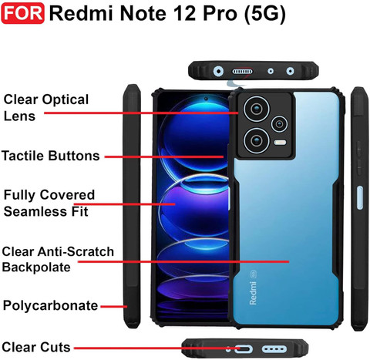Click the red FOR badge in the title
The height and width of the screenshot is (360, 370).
pyautogui.click(x=22, y=13)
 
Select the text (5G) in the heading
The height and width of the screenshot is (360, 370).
pyautogui.click(x=264, y=14)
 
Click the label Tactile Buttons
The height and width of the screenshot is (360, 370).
pyautogui.click(x=51, y=156)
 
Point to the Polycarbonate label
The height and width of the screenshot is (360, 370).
pyautogui.click(x=50, y=306)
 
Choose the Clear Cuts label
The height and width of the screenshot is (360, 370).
pyautogui.click(x=36, y=347)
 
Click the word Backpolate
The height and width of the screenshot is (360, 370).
pyautogui.click(x=36, y=267)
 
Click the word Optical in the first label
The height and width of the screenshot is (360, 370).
pyautogui.click(x=66, y=99)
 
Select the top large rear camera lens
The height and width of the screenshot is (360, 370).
pyautogui.click(x=257, y=109)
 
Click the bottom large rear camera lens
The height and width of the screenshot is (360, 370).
pyautogui.click(x=256, y=140)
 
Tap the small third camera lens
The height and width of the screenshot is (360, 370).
pyautogui.click(x=279, y=124)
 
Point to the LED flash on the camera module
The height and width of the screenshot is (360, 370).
pyautogui.click(x=280, y=143)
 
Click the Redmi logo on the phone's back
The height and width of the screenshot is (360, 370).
pyautogui.click(x=253, y=293)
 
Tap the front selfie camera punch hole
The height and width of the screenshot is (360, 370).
pyautogui.click(x=206, y=99)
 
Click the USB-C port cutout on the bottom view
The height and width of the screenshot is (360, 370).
pyautogui.click(x=243, y=349)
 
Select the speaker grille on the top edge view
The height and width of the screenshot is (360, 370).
pyautogui.click(x=242, y=71)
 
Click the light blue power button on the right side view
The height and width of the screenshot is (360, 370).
pyautogui.click(x=360, y=197)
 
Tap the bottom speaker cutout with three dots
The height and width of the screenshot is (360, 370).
pyautogui.click(x=274, y=349)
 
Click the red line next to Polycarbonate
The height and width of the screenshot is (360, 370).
pyautogui.click(x=114, y=306)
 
